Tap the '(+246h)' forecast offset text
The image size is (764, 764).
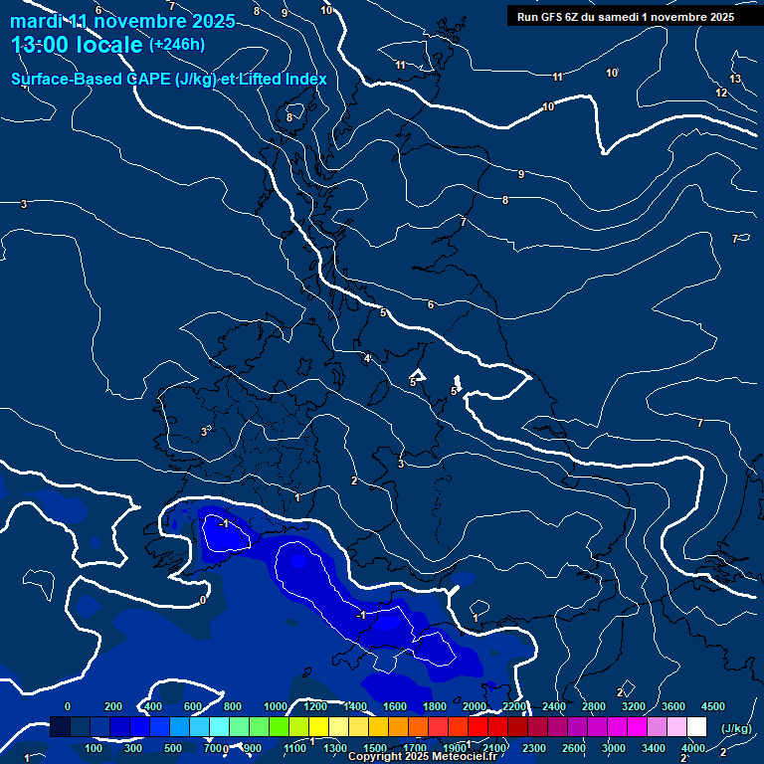click(x=176, y=45)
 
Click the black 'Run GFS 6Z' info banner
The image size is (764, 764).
click(x=626, y=16)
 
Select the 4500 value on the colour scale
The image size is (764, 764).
click(x=713, y=706)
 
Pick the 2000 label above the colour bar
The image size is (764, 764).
click(x=476, y=706)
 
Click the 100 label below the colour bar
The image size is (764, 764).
click(x=94, y=748)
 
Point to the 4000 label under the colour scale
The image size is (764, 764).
click(x=693, y=748)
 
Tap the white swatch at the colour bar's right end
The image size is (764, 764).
click(x=696, y=727)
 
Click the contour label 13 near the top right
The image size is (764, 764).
click(x=735, y=79)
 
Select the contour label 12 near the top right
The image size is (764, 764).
click(x=721, y=93)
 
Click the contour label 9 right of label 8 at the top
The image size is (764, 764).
click(x=285, y=13)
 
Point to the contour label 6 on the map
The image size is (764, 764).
click(x=431, y=304)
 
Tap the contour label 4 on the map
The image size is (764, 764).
click(x=366, y=358)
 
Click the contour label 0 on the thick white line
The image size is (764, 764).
click(x=203, y=600)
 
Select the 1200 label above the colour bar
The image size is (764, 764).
click(x=316, y=706)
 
